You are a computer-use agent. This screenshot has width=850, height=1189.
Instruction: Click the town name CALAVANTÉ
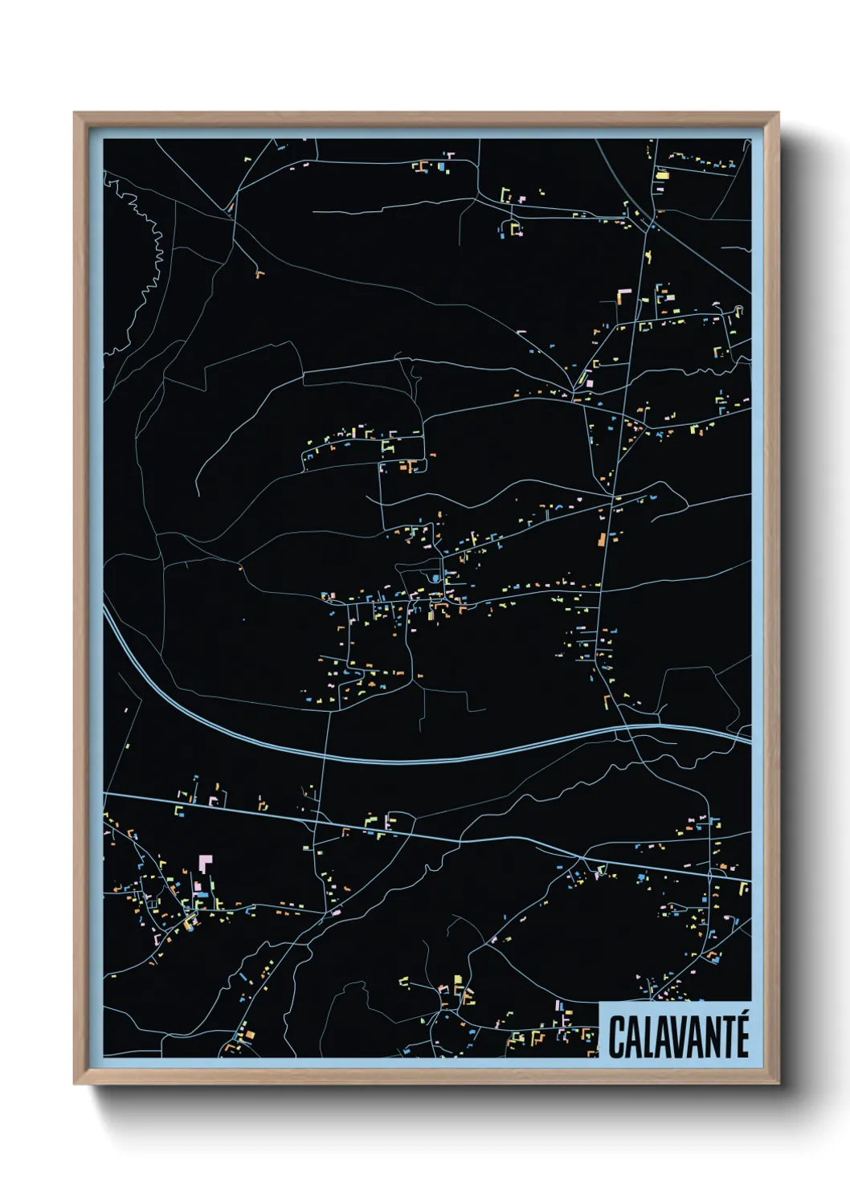pyautogui.click(x=678, y=1036)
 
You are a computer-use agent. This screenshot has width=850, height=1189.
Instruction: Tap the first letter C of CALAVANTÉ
pyautogui.click(x=617, y=1037)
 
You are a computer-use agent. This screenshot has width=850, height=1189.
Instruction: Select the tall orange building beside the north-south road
pyautogui.click(x=601, y=539)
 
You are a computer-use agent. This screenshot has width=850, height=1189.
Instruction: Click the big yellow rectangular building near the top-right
pyautogui.click(x=663, y=174)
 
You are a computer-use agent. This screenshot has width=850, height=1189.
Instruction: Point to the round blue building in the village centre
pyautogui.click(x=435, y=578)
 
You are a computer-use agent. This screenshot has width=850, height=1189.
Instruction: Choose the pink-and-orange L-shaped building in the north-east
pyautogui.click(x=622, y=297)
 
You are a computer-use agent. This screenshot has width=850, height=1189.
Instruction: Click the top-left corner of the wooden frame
pyautogui.click(x=76, y=114)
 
